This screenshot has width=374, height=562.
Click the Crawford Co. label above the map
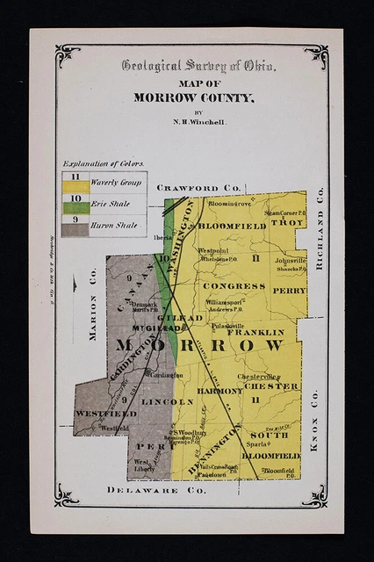pos(198,188)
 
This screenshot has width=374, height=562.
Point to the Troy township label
pos(287,224)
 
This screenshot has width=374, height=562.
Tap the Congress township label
pos(234,286)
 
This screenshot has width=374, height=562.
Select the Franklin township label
pos(255,333)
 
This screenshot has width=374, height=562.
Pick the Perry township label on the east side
pos(289,290)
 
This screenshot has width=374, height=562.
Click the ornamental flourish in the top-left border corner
pos(68,55)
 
